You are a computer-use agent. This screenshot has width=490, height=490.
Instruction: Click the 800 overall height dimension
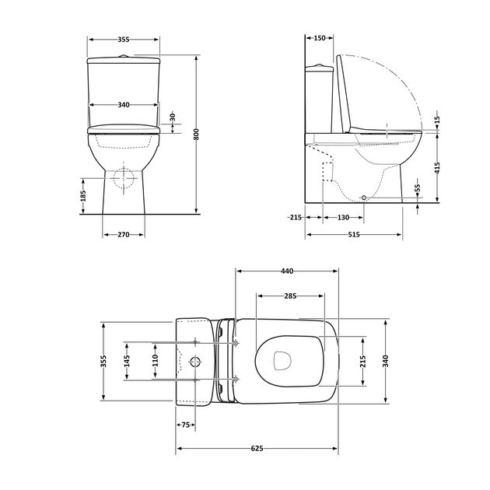click(x=196, y=134)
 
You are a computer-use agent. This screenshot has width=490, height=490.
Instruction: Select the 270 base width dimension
click(x=124, y=234)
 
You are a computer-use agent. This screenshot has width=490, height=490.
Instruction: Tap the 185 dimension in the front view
click(x=82, y=196)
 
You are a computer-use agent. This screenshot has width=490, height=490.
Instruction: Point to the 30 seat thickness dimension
click(x=173, y=117)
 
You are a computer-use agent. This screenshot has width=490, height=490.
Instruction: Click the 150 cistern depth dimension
click(x=320, y=38)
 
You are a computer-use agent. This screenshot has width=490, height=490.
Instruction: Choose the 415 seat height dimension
click(x=437, y=168)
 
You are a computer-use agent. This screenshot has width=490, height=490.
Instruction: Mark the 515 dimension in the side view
click(x=354, y=234)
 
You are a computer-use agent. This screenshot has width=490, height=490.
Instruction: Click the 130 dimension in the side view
click(x=343, y=217)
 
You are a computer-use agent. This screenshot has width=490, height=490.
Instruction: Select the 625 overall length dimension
click(x=257, y=449)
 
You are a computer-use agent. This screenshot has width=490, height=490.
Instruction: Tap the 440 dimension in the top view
click(x=287, y=271)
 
